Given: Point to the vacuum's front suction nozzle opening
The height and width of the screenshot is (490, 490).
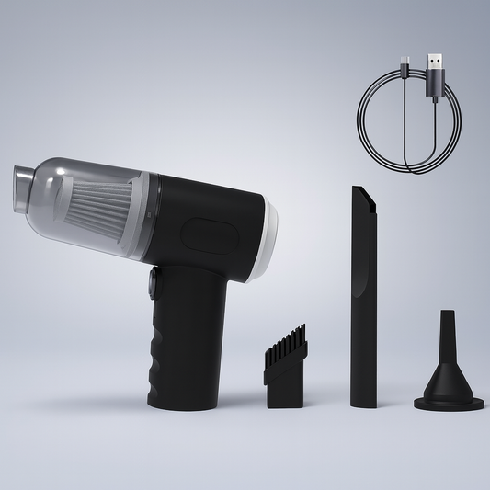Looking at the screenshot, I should [x=20, y=188].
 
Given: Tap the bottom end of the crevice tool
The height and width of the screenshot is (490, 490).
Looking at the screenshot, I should [x=362, y=401].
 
